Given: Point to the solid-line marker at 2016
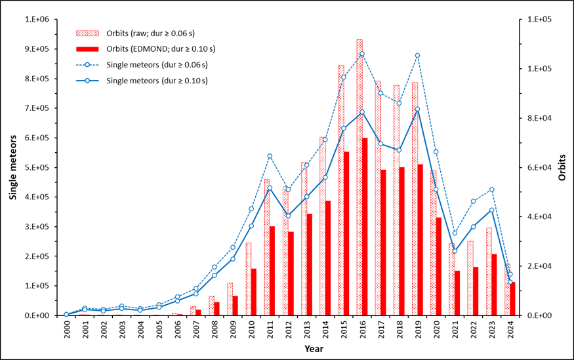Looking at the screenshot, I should (x=362, y=112).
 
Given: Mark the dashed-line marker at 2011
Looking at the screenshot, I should (x=270, y=156).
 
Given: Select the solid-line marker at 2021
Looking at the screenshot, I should (x=455, y=251).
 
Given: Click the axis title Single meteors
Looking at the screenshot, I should (x=13, y=168).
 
